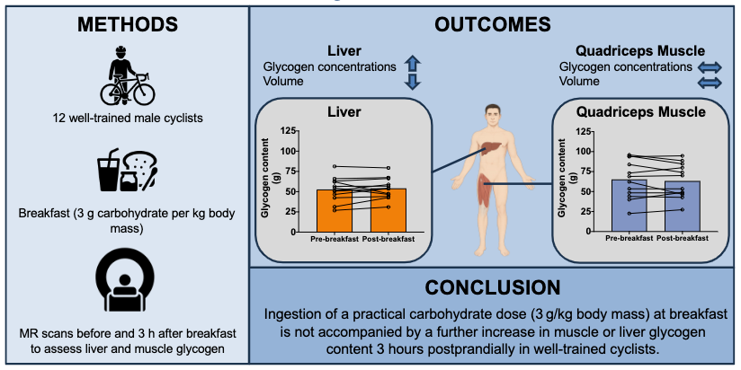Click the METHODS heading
click(124, 25)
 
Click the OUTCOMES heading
click(492, 24)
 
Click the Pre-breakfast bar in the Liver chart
click(335, 210)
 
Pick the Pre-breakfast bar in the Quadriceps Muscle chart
click(629, 206)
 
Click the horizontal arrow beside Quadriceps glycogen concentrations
click(710, 66)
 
